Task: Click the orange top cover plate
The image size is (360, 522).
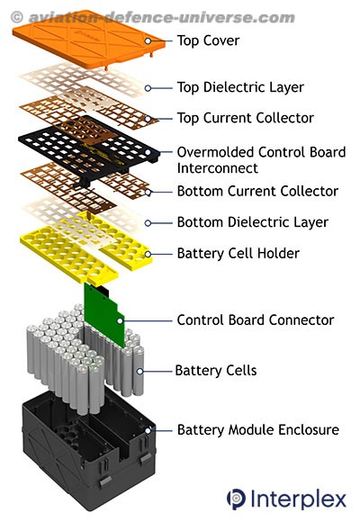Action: [88, 40]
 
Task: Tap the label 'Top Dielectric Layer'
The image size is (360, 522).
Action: [240, 87]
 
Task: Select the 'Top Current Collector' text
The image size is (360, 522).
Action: [246, 118]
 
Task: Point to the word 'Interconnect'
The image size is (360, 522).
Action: [218, 168]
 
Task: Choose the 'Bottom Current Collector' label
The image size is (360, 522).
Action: [257, 192]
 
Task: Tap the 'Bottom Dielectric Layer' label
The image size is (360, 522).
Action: [253, 222]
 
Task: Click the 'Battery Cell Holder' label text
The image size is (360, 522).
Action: [238, 253]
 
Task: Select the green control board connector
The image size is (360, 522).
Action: [104, 315]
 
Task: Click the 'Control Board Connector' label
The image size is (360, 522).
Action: [256, 320]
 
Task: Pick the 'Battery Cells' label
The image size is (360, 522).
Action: [216, 371]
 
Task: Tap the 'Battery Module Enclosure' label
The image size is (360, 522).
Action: [258, 430]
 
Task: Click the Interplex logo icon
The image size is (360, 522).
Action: [236, 499]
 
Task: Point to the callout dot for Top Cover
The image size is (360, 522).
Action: [148, 40]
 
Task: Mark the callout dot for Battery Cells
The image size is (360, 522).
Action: [139, 371]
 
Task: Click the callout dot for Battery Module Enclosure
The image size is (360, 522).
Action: [148, 430]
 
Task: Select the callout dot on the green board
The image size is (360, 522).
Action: [120, 321]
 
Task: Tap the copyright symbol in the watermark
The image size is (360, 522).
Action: [17, 16]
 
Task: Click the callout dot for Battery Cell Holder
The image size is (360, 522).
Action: [148, 254]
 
